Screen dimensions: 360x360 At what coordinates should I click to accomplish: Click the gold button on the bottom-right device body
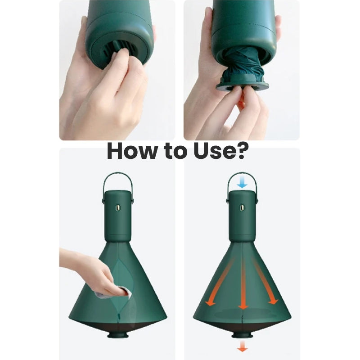(242, 208)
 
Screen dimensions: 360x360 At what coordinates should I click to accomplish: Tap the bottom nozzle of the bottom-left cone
(117, 334)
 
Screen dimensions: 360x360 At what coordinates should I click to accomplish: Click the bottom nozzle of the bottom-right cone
(242, 334)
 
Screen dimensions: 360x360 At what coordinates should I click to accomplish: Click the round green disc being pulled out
(243, 86)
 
